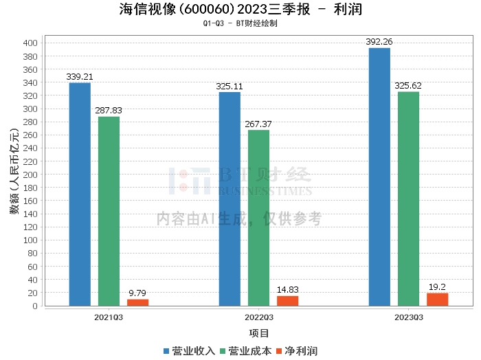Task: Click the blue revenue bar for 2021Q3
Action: (80, 194)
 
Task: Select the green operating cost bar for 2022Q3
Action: (258, 218)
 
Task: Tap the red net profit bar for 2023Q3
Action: (438, 300)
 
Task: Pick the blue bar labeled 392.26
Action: (379, 177)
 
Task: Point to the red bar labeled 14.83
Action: (288, 301)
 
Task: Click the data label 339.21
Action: (80, 77)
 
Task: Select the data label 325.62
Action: (408, 86)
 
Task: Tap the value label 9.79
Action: (137, 293)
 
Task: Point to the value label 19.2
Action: (437, 287)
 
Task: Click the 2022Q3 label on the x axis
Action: (259, 317)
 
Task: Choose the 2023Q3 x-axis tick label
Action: (409, 317)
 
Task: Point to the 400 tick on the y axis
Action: (30, 43)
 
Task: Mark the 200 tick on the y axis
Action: (30, 175)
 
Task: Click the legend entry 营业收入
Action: (189, 351)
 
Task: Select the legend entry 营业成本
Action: (246, 351)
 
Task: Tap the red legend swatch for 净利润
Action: (279, 351)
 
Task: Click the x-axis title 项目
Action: (259, 333)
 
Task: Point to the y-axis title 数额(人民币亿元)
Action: (14, 171)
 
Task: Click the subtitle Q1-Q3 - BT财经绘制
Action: (240, 23)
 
